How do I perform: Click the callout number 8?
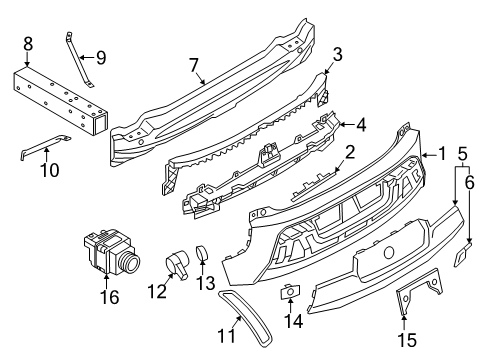(x=28, y=43)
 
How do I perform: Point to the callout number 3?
(x=337, y=53)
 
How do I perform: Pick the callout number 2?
(x=348, y=152)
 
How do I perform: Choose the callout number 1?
(x=439, y=154)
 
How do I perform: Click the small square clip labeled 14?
(x=292, y=291)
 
